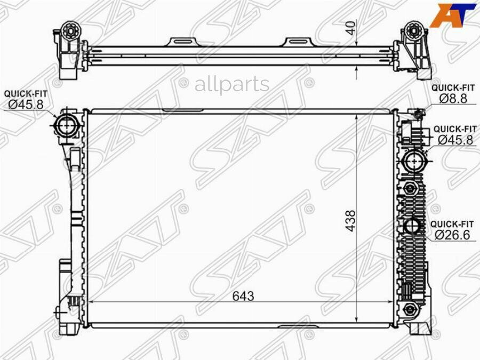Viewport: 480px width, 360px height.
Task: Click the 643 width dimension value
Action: (x=243, y=296)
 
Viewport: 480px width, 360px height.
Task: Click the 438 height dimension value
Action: (x=350, y=220)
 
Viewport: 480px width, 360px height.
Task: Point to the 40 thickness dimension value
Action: (x=350, y=28)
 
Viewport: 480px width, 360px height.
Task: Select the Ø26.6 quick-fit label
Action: (x=452, y=234)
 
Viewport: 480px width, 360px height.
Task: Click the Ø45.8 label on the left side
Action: (x=24, y=105)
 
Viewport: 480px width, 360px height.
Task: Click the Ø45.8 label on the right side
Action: (x=455, y=139)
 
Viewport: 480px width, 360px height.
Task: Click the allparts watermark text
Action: (x=231, y=84)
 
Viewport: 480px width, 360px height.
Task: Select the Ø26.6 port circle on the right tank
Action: (x=412, y=226)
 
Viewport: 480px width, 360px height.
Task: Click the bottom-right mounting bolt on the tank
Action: (x=410, y=309)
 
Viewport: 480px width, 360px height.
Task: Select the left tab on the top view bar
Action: (x=183, y=42)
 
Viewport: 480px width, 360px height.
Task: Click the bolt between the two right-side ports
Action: (x=410, y=188)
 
